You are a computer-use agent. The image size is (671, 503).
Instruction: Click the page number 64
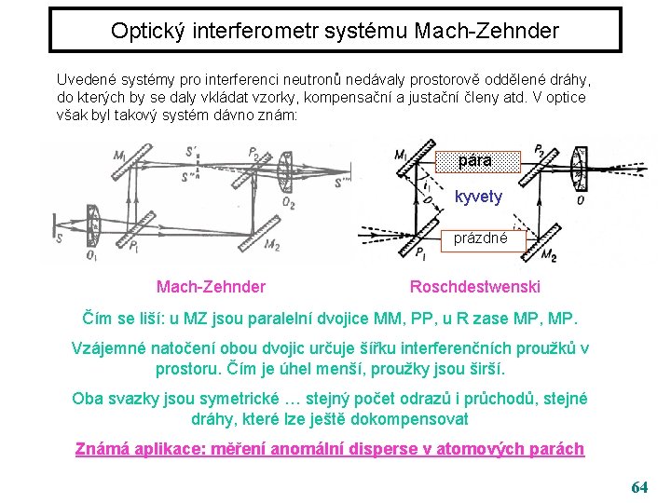[639, 486]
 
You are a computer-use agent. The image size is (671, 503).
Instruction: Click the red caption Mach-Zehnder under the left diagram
[211, 287]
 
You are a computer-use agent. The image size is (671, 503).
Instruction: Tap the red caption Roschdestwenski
[475, 287]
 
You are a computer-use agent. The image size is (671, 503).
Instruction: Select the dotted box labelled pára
[475, 161]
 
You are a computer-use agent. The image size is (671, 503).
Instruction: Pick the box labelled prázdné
[480, 238]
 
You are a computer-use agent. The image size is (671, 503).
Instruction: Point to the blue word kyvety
[478, 197]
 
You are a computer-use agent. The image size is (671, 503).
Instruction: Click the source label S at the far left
[60, 238]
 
